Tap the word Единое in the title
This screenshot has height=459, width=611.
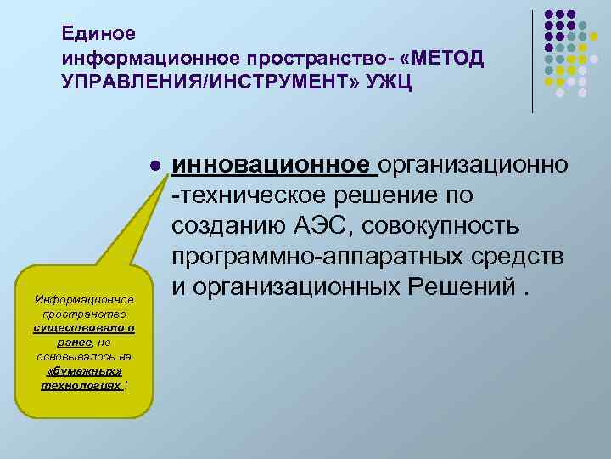pyautogui.click(x=92, y=34)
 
